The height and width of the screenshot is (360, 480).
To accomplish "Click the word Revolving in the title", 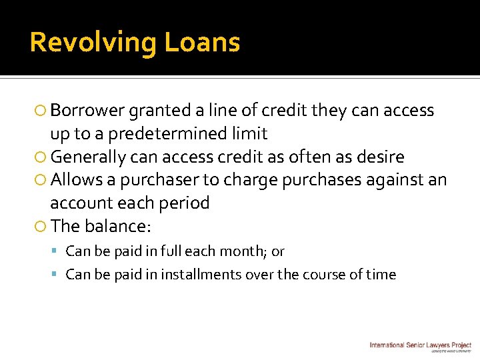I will point(93,43).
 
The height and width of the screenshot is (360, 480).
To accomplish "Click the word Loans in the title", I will point(202,43).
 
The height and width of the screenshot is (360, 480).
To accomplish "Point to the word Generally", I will point(88,157).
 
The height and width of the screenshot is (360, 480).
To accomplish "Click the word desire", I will point(379,157).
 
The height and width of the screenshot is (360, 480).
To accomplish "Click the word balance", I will point(119,226).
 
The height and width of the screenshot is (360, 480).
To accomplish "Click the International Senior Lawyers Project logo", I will point(420,345).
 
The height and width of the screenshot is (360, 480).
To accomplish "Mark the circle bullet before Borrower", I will point(41,111).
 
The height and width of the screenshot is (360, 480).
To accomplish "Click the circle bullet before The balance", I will point(41,227).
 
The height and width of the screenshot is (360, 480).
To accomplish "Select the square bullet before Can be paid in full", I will point(58,252).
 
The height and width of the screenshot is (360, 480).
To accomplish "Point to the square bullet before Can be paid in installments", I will point(58,275).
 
